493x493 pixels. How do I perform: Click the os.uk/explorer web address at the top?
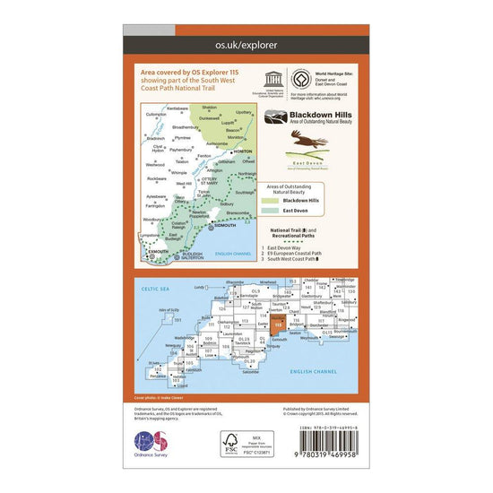point(246,43)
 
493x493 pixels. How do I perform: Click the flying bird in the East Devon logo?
point(302,137)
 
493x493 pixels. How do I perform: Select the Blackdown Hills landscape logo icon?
point(272,117)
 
